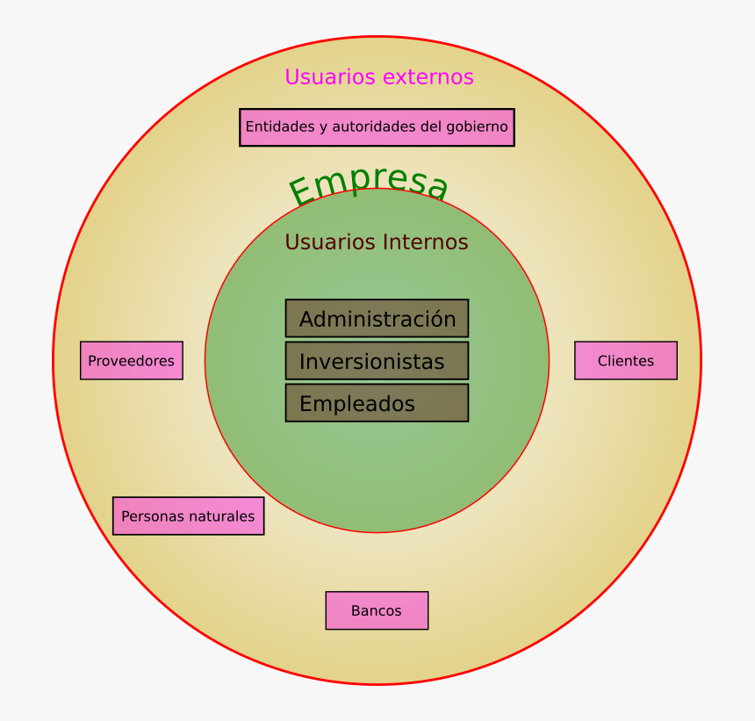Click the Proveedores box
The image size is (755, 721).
click(x=132, y=361)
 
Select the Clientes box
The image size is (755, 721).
click(x=626, y=361)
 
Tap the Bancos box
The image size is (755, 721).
click(x=377, y=610)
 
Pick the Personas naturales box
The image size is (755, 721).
click(x=188, y=516)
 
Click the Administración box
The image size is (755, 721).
click(x=377, y=319)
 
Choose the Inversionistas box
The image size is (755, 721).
click(x=377, y=361)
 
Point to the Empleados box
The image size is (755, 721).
click(x=377, y=403)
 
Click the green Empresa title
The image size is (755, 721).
click(x=369, y=186)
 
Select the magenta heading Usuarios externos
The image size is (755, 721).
click(x=379, y=77)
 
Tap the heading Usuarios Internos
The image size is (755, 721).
click(x=377, y=242)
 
